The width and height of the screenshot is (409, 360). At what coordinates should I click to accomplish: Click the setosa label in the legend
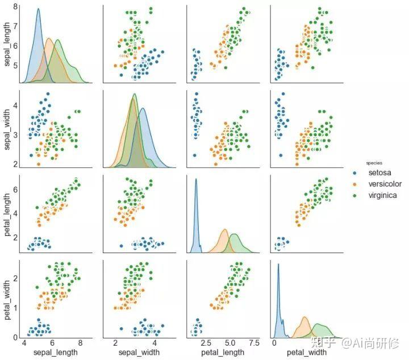click(x=379, y=172)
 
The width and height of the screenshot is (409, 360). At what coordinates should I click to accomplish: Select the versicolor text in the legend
click(x=385, y=184)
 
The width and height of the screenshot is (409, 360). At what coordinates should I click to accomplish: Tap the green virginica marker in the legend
click(x=354, y=196)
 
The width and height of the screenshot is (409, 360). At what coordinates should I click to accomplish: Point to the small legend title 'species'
click(x=374, y=163)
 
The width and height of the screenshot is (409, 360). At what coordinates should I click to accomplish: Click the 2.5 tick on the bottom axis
click(x=206, y=342)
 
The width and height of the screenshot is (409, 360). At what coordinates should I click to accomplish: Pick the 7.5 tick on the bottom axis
click(x=254, y=342)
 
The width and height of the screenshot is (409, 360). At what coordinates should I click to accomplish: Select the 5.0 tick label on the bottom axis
click(x=230, y=342)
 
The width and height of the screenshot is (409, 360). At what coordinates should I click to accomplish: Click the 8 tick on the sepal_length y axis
click(x=15, y=6)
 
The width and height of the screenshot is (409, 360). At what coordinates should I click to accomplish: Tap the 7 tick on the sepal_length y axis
click(x=15, y=26)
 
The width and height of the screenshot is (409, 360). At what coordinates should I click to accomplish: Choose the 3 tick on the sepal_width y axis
click(x=15, y=135)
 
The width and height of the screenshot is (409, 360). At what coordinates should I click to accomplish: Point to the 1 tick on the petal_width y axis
click(x=15, y=308)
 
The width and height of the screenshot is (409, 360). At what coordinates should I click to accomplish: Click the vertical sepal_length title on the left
click(x=7, y=44)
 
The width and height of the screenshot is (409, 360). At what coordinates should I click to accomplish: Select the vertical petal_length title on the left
click(x=7, y=214)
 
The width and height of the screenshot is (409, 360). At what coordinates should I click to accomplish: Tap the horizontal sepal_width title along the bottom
click(x=139, y=353)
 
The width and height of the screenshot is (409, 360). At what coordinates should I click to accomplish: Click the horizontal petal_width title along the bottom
click(x=307, y=353)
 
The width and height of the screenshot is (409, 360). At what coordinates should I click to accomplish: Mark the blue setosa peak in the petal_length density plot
click(x=196, y=179)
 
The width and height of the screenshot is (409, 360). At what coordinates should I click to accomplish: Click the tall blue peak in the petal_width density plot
click(x=278, y=264)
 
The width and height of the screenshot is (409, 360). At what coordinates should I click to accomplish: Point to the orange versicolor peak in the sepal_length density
click(x=49, y=39)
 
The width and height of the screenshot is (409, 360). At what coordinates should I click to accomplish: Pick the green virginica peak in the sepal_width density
click(x=135, y=94)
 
